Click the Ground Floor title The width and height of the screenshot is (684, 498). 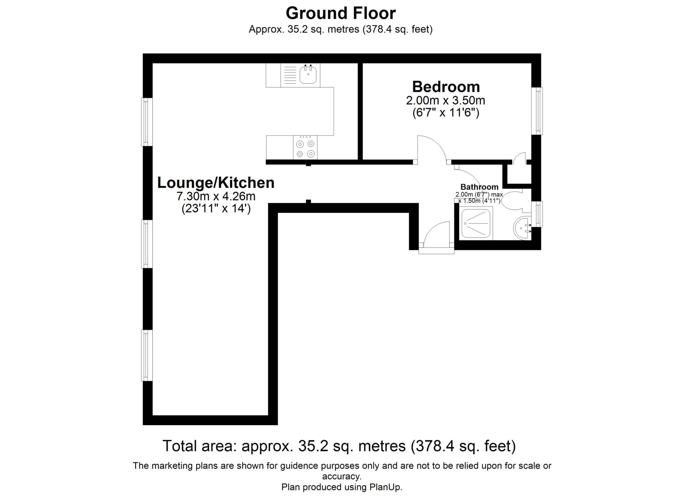click(340, 13)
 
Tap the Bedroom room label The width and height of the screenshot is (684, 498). click(446, 87)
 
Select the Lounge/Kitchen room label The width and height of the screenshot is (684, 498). click(216, 183)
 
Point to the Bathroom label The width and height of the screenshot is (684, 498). click(479, 187)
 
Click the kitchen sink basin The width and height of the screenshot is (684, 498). click(308, 75)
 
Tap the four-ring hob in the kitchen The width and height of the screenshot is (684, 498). click(305, 147)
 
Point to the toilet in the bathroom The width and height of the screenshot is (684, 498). click(513, 201)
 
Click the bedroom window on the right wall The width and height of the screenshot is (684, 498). click(537, 111)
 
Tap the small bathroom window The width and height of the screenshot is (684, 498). click(537, 214)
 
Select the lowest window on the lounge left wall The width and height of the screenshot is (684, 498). click(147, 355)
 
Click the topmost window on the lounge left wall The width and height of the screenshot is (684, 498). click(147, 122)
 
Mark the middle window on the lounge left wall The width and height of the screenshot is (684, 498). click(147, 244)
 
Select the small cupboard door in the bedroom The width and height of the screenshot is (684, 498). click(519, 159)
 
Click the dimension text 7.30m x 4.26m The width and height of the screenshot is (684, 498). click(216, 196)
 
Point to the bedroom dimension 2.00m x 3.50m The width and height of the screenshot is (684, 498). click(446, 100)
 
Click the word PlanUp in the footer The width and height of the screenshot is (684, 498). click(385, 487)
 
